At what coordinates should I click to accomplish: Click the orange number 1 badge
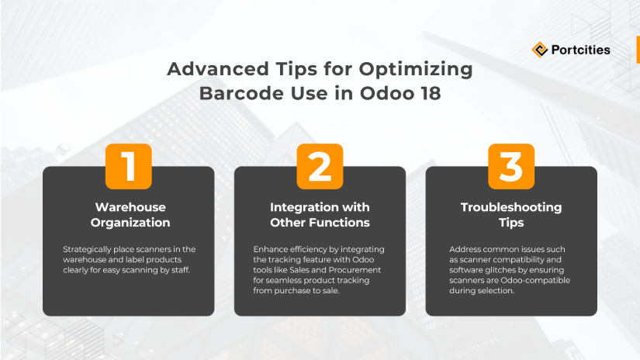coord(128,166)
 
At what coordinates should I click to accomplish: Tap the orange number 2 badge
coord(320,166)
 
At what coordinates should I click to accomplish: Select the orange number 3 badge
coord(511,166)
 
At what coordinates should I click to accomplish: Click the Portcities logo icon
coord(540,50)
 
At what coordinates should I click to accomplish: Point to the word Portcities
coord(580,50)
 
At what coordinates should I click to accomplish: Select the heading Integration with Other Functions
coord(320,215)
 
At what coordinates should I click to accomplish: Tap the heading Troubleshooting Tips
coord(511,215)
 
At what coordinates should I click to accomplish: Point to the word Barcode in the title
coord(236,93)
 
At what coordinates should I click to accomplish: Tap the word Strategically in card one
coord(87,249)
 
